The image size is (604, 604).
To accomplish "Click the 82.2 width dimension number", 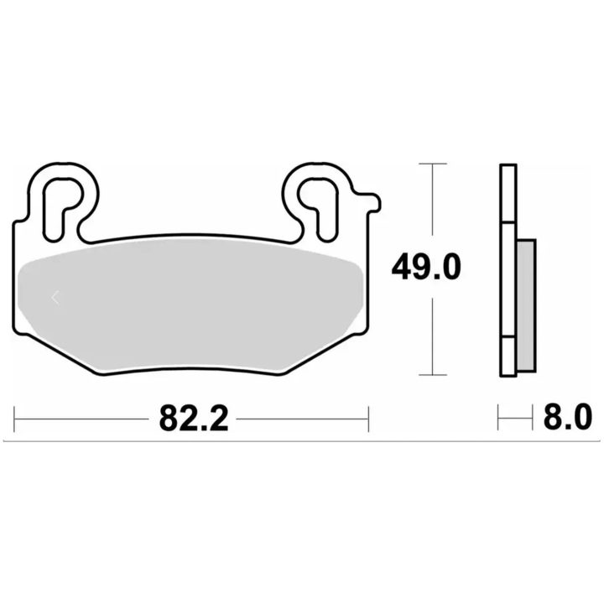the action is pos(194,419).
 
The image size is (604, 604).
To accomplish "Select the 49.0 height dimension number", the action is pos(426,267).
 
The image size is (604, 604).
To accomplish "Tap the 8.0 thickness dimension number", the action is pos(567,417).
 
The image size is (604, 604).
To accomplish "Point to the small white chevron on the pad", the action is pos(55,297).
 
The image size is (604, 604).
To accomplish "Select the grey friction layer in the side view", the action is pos(526,306).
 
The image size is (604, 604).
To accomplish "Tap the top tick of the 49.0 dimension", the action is pos(433,164).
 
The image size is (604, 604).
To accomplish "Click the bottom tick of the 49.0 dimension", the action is pos(433,374).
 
